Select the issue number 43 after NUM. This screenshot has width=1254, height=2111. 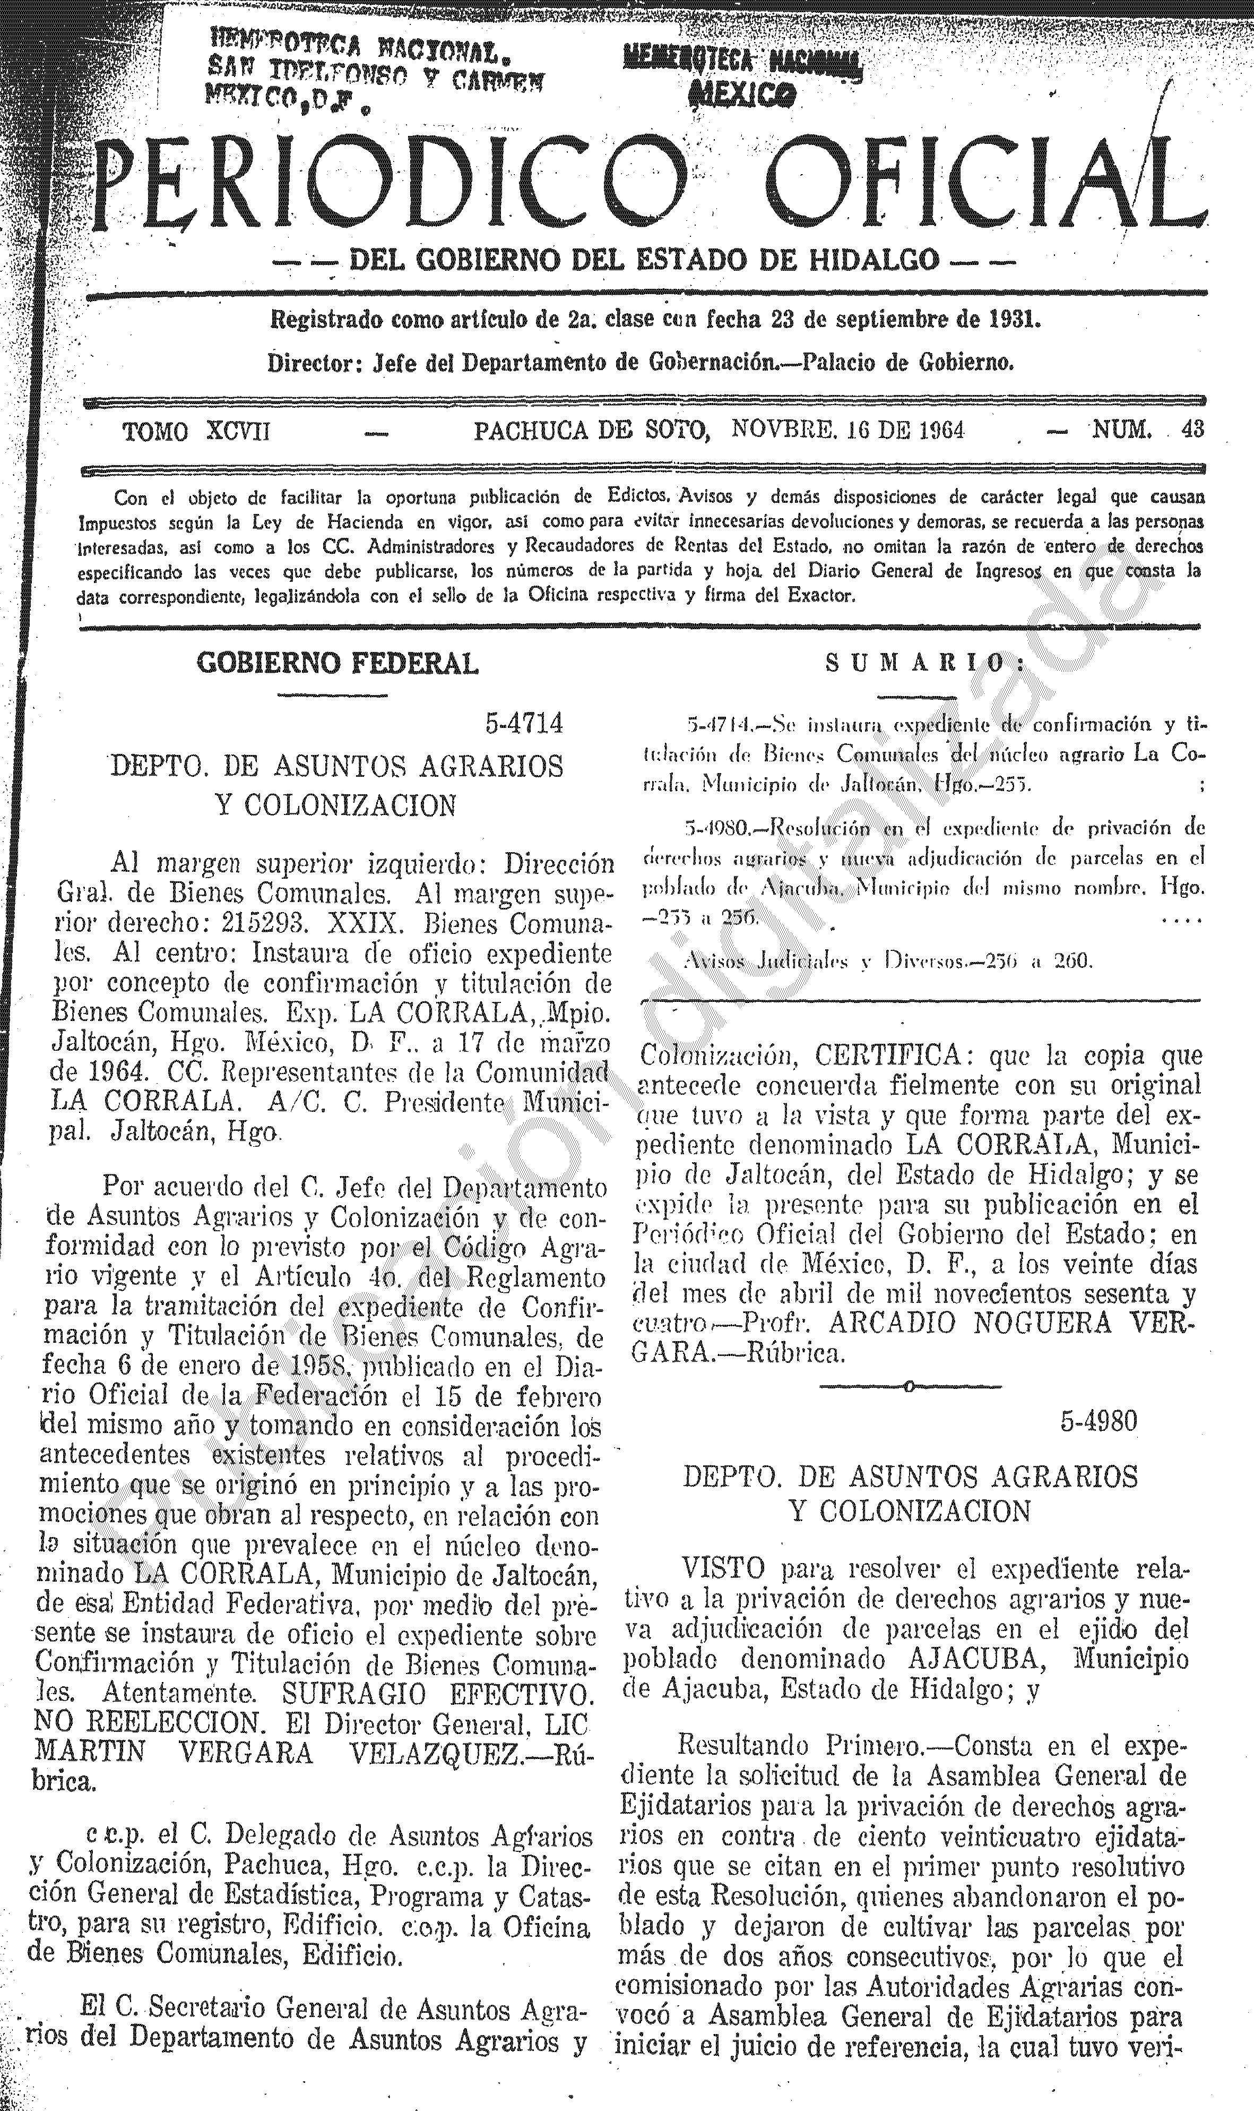tap(1192, 430)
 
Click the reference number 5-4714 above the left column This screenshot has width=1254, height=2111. tap(524, 724)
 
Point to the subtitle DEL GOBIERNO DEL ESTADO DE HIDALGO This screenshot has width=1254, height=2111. tap(643, 259)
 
